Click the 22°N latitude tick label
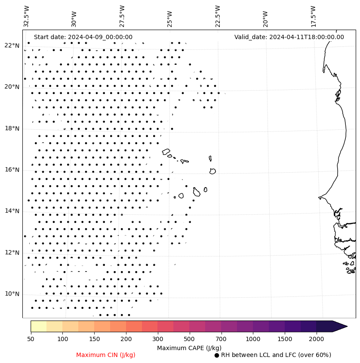click(12, 46)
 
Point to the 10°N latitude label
click(12, 294)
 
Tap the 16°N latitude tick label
click(12, 170)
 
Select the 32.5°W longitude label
click(27, 16)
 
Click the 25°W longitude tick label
click(170, 16)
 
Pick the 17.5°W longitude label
click(313, 16)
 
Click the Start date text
click(83, 37)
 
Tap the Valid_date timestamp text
click(289, 37)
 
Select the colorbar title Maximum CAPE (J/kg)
click(189, 348)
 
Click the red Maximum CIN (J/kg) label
click(106, 355)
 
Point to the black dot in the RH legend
click(217, 355)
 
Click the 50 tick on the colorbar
click(31, 339)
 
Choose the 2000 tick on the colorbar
click(316, 339)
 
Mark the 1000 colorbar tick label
click(253, 339)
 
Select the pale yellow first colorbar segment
click(38, 326)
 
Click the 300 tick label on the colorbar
click(157, 339)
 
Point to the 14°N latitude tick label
click(12, 211)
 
